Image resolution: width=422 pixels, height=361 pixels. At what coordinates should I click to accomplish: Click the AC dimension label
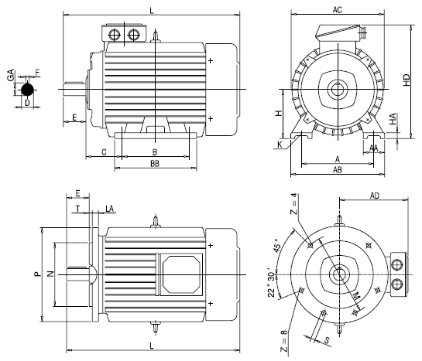(x=338, y=9)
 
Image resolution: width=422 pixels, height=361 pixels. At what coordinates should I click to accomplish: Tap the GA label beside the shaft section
(x=9, y=78)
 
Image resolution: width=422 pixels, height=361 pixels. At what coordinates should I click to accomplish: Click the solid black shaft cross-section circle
(x=27, y=92)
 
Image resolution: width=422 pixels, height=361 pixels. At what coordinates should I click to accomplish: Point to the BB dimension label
(x=155, y=165)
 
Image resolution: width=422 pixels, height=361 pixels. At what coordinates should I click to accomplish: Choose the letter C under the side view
(x=104, y=152)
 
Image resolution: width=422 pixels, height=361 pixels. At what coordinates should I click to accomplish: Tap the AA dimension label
(x=373, y=147)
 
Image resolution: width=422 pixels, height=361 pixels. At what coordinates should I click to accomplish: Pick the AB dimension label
(x=338, y=172)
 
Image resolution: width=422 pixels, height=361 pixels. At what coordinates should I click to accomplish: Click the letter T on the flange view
(x=78, y=209)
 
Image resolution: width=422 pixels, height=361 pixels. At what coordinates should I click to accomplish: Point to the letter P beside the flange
(x=36, y=274)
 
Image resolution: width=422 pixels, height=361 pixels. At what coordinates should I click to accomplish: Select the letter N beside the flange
(x=50, y=274)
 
